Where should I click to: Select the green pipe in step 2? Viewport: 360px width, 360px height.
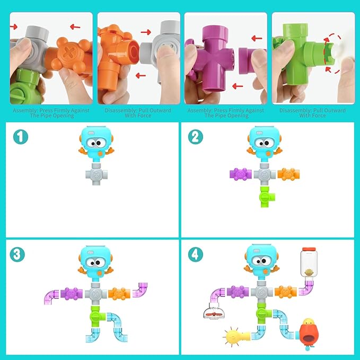[x=263, y=197]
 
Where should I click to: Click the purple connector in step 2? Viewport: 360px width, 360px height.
[x=240, y=174]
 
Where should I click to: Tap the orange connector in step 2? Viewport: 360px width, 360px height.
[x=288, y=174]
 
